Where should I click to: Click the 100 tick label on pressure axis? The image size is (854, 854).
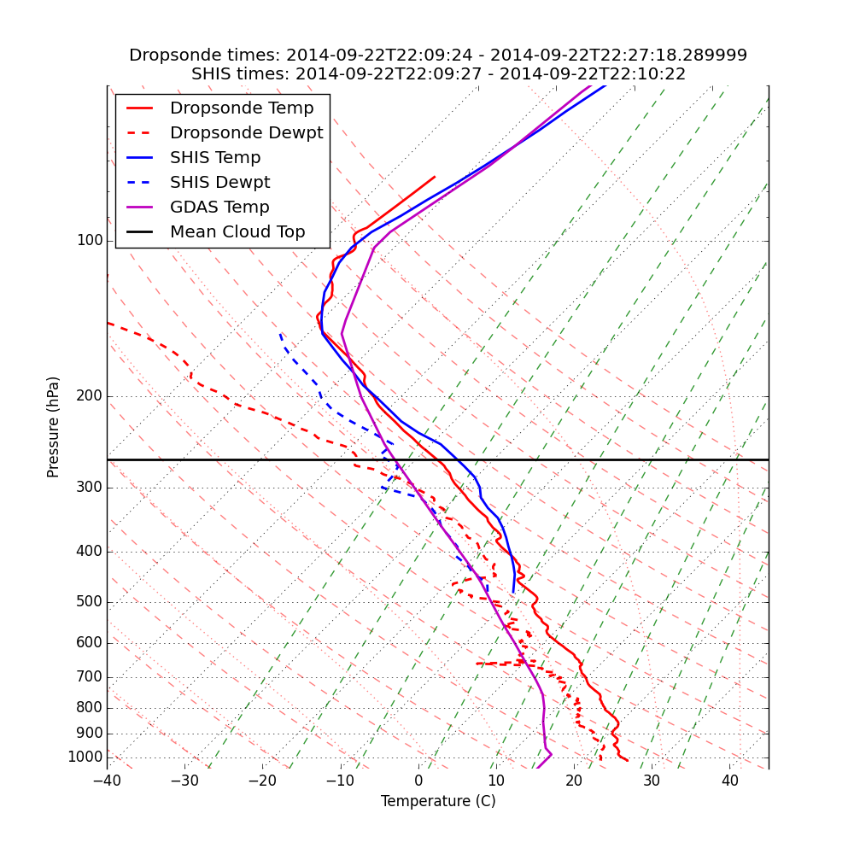pyautogui.click(x=89, y=241)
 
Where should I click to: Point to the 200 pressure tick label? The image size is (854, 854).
pyautogui.click(x=89, y=396)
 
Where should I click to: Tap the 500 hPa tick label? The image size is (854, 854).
pyautogui.click(x=89, y=602)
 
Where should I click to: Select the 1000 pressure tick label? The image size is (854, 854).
pyautogui.click(x=85, y=757)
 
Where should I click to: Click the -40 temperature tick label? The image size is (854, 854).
pyautogui.click(x=107, y=781)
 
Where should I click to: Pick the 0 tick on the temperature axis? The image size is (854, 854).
pyautogui.click(x=418, y=781)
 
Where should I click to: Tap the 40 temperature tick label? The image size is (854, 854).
pyautogui.click(x=729, y=781)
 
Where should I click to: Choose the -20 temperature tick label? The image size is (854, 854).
pyautogui.click(x=262, y=781)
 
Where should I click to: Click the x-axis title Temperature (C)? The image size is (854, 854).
pyautogui.click(x=438, y=801)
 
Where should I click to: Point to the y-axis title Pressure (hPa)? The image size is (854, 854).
pyautogui.click(x=54, y=427)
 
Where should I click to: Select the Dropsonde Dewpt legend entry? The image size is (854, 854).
pyautogui.click(x=246, y=133)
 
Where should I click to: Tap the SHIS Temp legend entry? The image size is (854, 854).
pyautogui.click(x=215, y=158)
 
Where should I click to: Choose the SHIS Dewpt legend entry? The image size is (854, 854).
pyautogui.click(x=219, y=183)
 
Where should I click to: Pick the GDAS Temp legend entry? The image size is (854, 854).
pyautogui.click(x=219, y=208)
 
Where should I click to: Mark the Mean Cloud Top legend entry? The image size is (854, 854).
pyautogui.click(x=237, y=232)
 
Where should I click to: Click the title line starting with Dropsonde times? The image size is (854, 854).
pyautogui.click(x=438, y=56)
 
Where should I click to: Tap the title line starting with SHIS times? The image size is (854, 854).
pyautogui.click(x=438, y=74)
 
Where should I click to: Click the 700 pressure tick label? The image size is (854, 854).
pyautogui.click(x=89, y=677)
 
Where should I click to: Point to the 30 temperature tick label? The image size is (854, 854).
pyautogui.click(x=652, y=781)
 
